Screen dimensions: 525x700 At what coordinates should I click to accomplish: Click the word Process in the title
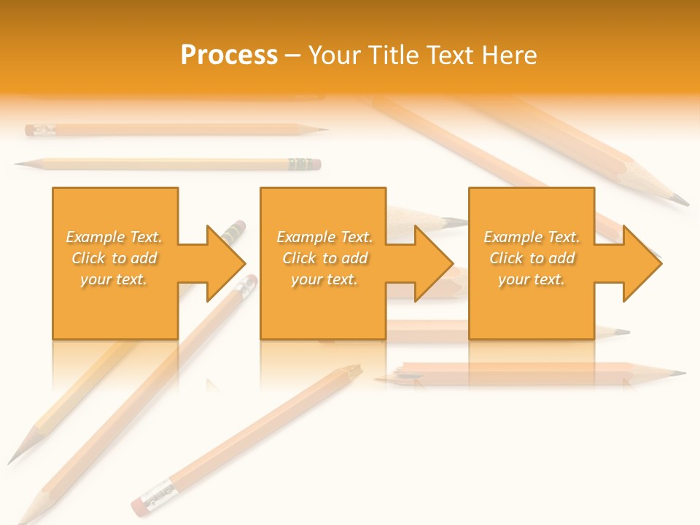point(229,55)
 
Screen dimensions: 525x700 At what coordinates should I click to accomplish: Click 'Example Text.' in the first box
point(114,237)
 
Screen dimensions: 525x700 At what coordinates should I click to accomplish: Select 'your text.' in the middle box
point(324,279)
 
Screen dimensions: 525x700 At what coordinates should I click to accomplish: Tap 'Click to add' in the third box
point(532,258)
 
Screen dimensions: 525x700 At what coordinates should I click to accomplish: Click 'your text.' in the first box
point(114,279)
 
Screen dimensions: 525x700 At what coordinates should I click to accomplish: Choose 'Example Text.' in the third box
point(532,237)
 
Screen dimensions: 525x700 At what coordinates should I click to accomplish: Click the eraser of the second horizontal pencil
point(316,165)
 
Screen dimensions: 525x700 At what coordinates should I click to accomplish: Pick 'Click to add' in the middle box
point(324,258)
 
